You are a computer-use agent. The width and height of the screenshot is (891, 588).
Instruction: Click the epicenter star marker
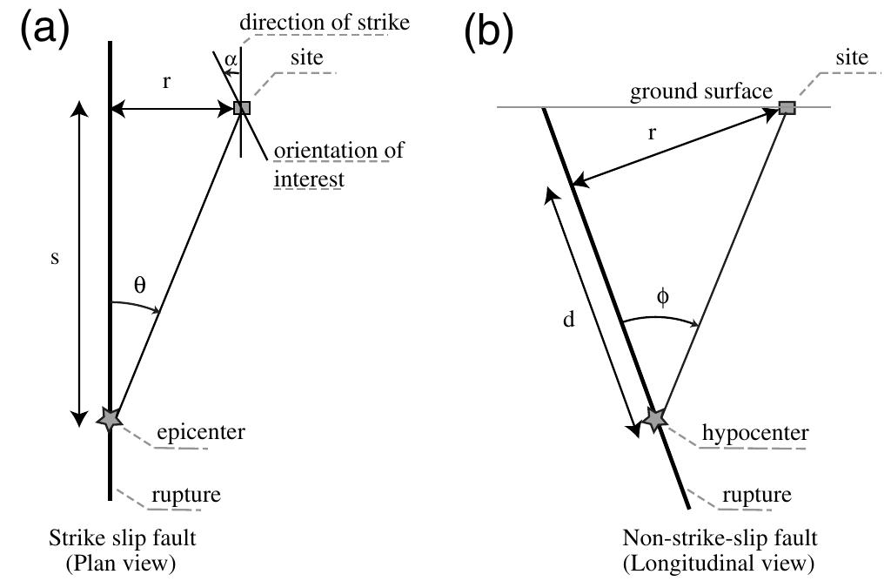tap(109, 419)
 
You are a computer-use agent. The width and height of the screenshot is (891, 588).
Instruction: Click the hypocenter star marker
tap(655, 419)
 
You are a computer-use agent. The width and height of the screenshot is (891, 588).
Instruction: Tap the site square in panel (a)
tap(242, 107)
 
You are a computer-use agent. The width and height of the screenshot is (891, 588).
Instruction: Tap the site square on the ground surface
tap(787, 107)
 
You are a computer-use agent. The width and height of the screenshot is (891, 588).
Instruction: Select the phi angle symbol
tap(662, 296)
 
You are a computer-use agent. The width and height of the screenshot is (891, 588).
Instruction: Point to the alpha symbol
tap(231, 59)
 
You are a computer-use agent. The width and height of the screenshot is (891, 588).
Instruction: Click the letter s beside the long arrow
tap(55, 258)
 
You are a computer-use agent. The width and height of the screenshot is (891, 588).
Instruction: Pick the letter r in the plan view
tap(166, 83)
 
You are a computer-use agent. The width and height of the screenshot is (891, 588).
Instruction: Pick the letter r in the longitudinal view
tap(652, 133)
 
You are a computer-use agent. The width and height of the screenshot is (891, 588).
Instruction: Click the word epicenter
tap(201, 433)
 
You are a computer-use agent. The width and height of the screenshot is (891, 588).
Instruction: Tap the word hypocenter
tap(755, 433)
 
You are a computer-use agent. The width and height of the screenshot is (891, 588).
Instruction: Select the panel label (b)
tap(489, 32)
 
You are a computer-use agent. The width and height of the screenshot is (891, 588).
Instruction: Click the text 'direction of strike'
tap(325, 23)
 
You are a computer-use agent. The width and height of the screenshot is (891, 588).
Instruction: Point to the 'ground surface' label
tap(701, 91)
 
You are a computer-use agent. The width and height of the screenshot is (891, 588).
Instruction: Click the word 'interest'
tap(309, 179)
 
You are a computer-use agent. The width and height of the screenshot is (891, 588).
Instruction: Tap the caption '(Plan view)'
tap(120, 564)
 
